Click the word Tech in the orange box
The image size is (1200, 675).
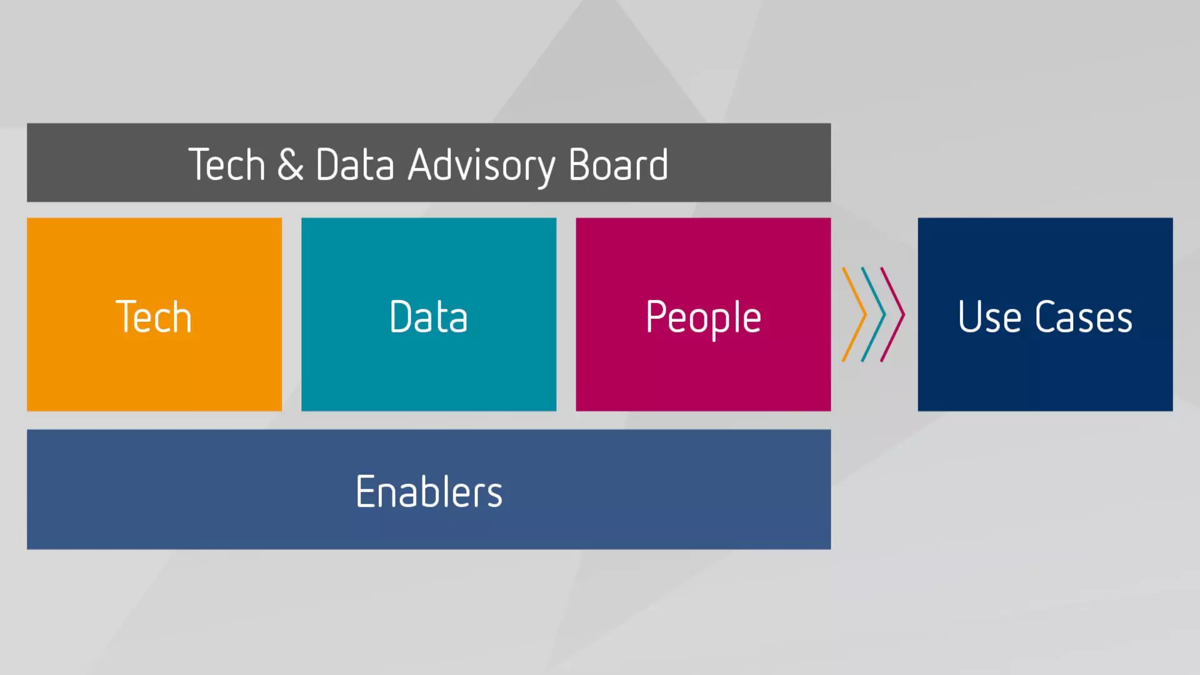click(154, 317)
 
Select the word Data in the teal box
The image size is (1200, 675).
click(428, 317)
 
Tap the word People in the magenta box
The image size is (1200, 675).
click(703, 318)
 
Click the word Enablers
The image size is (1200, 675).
click(429, 492)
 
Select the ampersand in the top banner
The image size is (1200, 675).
click(291, 165)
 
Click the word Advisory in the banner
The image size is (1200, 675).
click(481, 166)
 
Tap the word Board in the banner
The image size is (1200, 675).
click(618, 165)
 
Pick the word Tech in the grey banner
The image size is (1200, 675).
click(227, 165)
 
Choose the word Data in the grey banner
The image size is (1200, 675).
click(354, 165)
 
